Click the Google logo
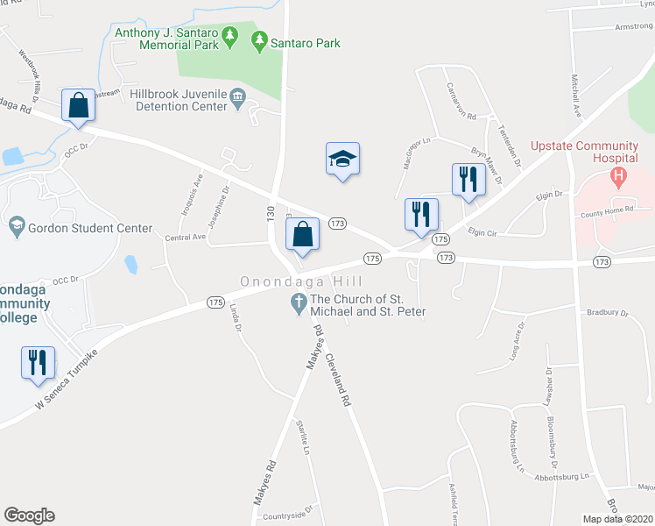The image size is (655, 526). click(29, 515)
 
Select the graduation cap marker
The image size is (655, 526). click(342, 159)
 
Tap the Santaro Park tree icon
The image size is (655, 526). click(258, 40)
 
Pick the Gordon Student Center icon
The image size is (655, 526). click(16, 228)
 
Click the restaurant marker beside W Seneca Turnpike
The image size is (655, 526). click(38, 362)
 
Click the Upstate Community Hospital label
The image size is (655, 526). click(581, 149)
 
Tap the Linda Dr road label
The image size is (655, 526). click(235, 318)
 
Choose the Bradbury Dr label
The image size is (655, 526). click(609, 312)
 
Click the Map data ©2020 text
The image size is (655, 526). click(617, 519)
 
